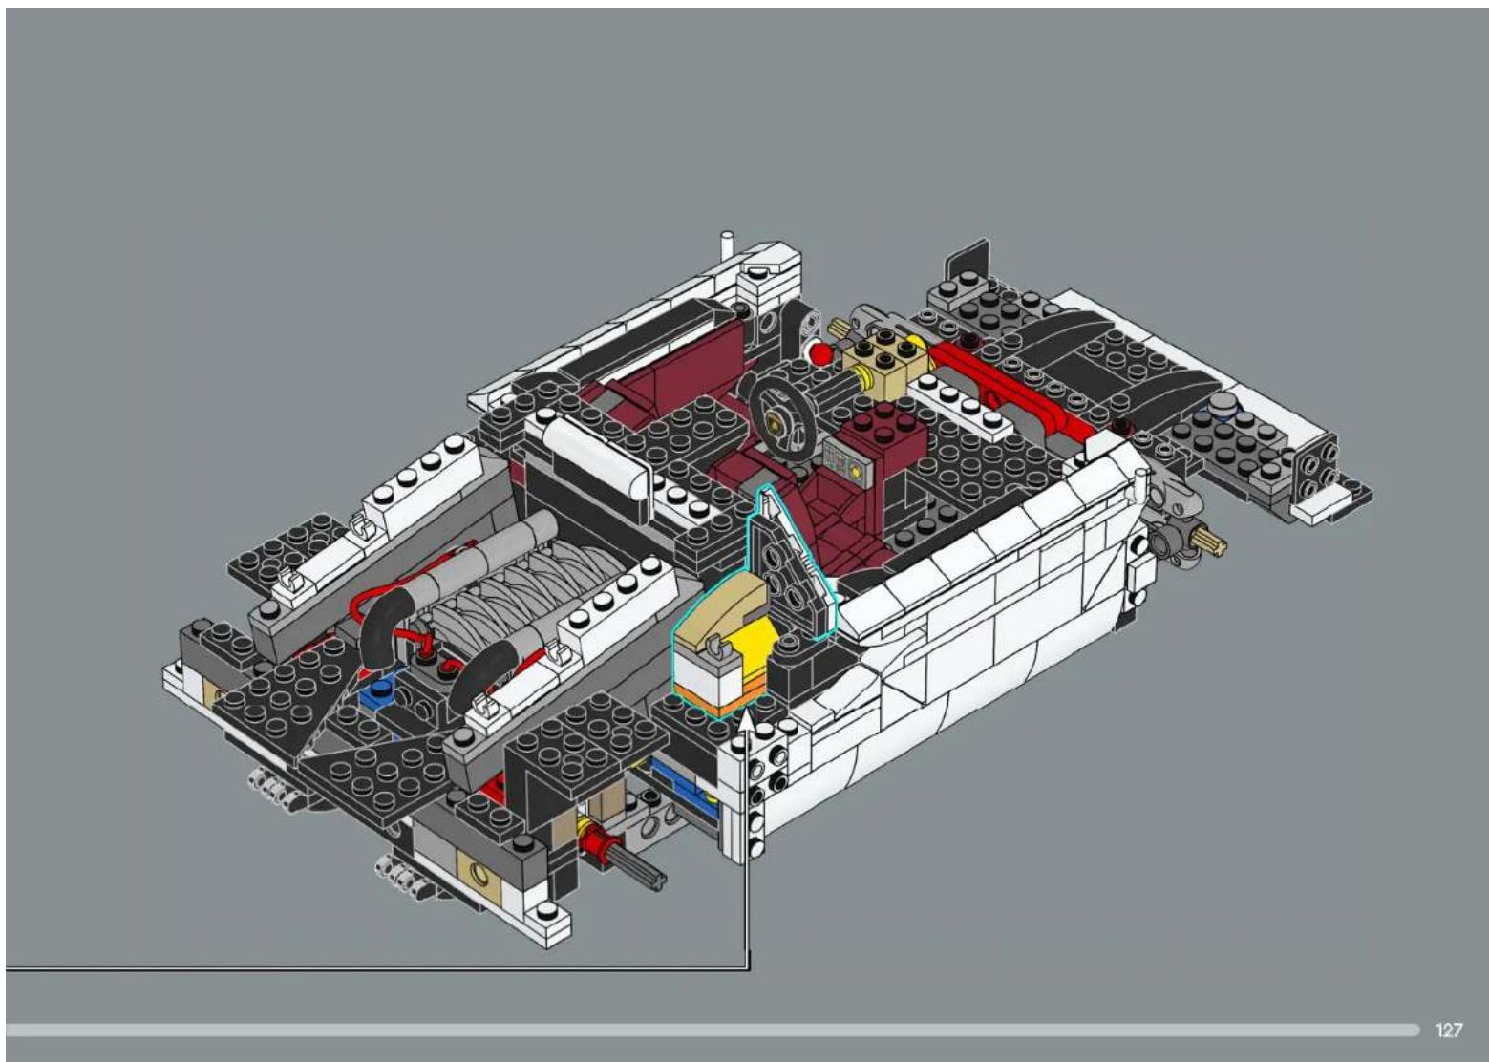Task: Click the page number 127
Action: point(1449,1030)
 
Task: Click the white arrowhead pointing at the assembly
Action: point(747,722)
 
